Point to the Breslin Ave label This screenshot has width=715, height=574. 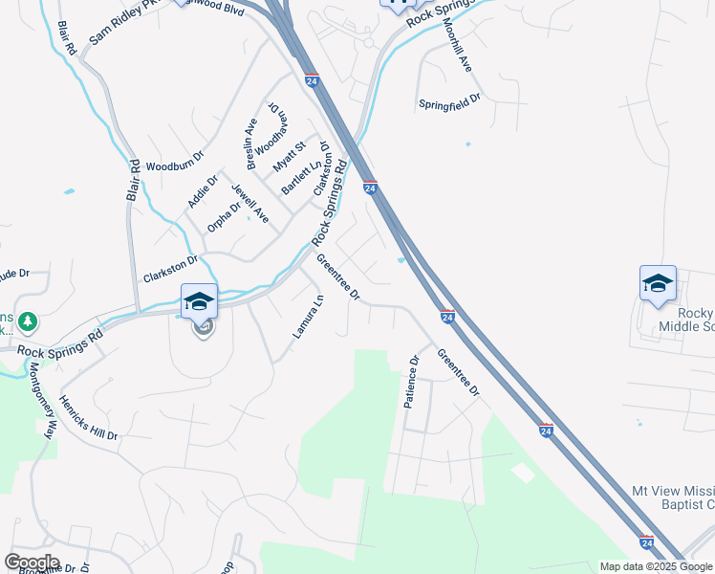252,143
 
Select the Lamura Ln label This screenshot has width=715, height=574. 308,316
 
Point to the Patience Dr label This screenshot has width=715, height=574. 412,383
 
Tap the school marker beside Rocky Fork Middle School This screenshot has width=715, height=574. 658,283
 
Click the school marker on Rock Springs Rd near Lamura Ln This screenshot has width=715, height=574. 200,301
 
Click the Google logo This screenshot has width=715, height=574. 32,563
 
